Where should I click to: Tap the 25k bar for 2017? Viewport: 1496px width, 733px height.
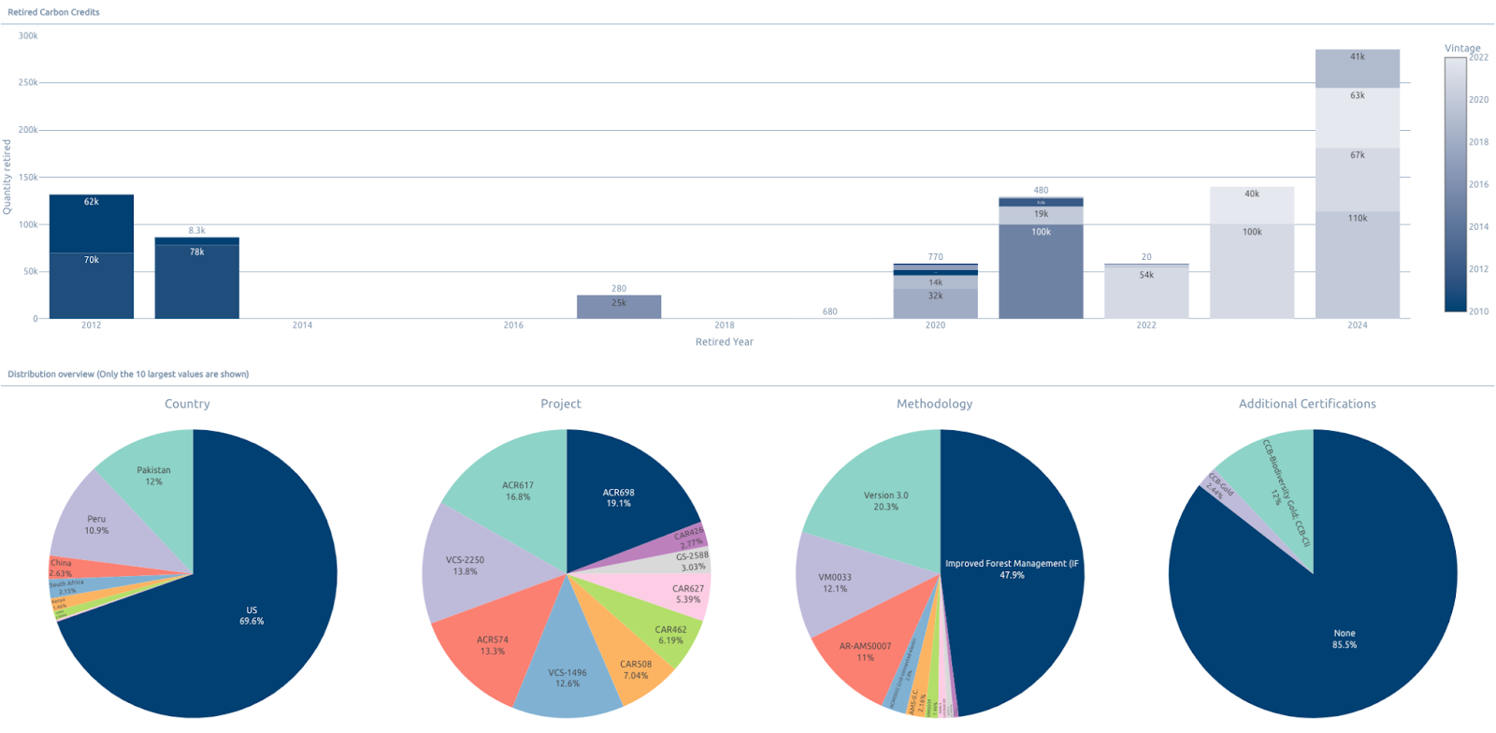(618, 308)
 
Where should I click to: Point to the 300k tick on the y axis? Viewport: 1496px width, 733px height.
(28, 36)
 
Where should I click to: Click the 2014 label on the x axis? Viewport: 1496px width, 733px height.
(302, 325)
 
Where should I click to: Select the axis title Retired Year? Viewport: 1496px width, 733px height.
(724, 342)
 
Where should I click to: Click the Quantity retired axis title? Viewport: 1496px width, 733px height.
(7, 177)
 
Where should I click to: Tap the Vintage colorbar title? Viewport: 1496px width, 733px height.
(1462, 48)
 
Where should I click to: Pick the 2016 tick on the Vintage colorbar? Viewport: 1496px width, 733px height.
(1478, 184)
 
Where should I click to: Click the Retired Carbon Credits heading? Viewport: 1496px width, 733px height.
(53, 12)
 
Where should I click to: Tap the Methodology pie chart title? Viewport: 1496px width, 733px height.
(934, 404)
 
